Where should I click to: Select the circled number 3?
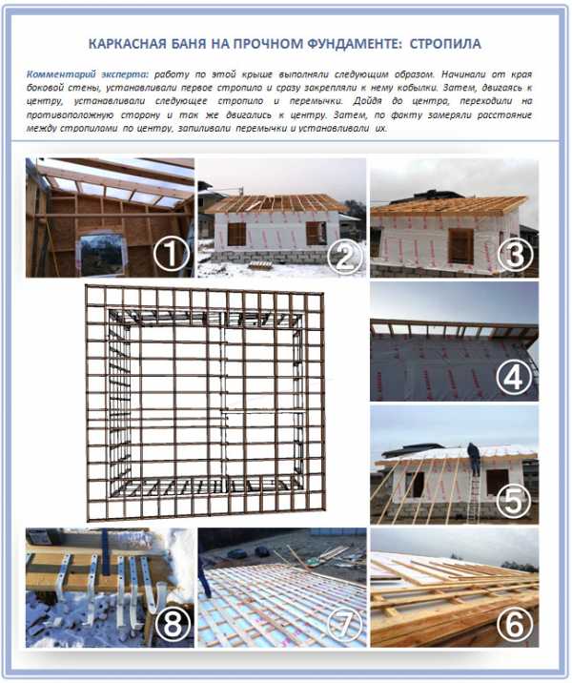coord(516,256)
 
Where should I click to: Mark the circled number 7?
coord(344,626)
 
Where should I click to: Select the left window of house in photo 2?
coord(236,234)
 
